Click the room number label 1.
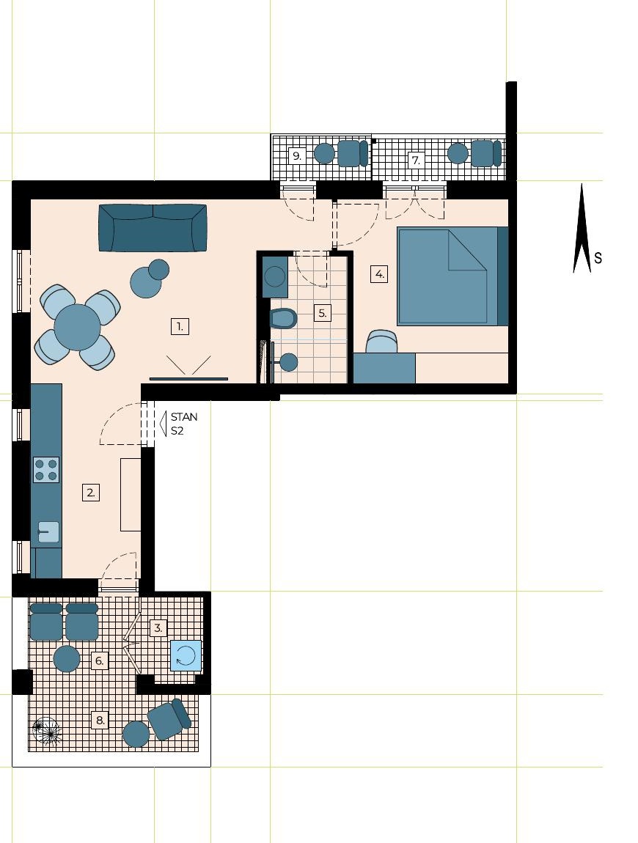[180, 326]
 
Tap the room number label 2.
[91, 492]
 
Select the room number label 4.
[379, 274]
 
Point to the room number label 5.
[322, 313]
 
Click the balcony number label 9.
[296, 156]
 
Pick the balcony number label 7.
[415, 160]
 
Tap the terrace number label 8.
[100, 720]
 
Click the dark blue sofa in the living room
[153, 227]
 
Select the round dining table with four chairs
[78, 328]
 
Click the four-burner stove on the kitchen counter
[46, 469]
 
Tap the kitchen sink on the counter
[48, 531]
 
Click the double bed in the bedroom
[452, 276]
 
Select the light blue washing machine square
[186, 656]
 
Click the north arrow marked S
[582, 228]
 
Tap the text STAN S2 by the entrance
[184, 424]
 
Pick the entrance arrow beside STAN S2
[164, 423]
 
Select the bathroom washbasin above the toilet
[276, 276]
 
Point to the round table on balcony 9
[324, 153]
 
